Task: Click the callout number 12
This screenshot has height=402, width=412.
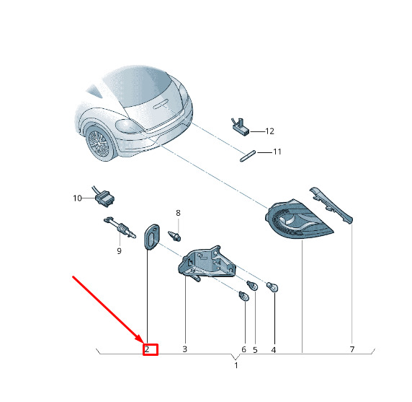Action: point(270,131)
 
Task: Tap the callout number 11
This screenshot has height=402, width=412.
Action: point(277,152)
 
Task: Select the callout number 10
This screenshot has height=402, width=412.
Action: point(78,198)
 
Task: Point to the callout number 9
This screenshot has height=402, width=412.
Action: point(120,251)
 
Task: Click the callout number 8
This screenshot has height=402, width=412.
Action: point(178,213)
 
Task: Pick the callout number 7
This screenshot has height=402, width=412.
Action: point(352,349)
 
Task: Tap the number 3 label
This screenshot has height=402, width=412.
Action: point(184,349)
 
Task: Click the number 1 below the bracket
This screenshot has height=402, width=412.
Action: point(236,365)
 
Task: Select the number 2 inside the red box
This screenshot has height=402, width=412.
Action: point(147,349)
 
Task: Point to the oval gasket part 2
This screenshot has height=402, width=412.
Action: point(151,237)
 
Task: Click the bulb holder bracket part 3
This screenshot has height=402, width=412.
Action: point(207,263)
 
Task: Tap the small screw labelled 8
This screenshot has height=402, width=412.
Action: point(174,236)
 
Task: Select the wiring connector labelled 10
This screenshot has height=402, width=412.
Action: point(104,198)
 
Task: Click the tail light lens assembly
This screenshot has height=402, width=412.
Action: point(298,219)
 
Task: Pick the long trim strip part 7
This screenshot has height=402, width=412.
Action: point(331,206)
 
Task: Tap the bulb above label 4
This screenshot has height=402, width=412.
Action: point(272,287)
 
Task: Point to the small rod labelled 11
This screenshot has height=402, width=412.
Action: point(248,156)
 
